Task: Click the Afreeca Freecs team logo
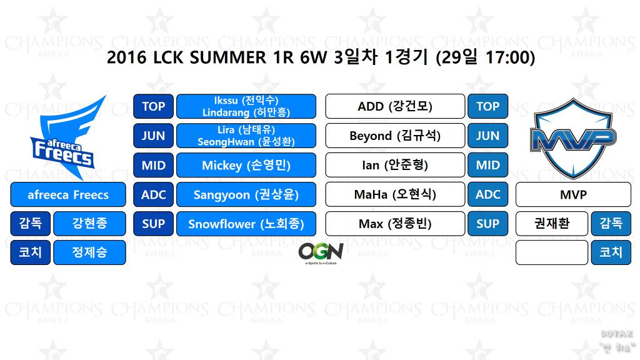[69, 134]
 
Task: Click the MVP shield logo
[572, 137]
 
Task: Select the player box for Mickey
[246, 165]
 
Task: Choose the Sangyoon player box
[246, 194]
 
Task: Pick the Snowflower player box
[246, 224]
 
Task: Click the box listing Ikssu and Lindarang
[246, 106]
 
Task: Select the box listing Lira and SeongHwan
[246, 136]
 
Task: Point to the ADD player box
[395, 106]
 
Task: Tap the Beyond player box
[395, 136]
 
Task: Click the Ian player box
[395, 165]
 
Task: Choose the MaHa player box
[395, 194]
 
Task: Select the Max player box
[395, 224]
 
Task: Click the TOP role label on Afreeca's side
[153, 106]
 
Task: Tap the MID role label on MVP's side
[487, 165]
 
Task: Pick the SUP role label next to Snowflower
[153, 224]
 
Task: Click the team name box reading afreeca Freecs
[68, 194]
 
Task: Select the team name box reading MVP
[573, 194]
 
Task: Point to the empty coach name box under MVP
[552, 252]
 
